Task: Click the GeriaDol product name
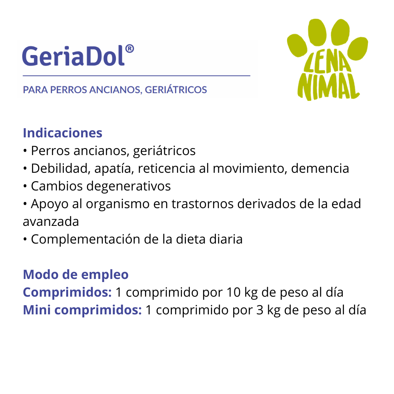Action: point(73,56)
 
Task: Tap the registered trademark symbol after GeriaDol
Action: point(129,49)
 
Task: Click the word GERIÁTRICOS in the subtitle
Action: point(176,90)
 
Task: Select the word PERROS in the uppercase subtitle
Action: point(68,90)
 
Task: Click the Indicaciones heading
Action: point(63,133)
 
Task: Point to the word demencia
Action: point(320,169)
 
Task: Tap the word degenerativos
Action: point(129,187)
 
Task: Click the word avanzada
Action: point(51,222)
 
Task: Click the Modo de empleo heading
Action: point(76,275)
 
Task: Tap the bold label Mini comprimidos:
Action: point(82,310)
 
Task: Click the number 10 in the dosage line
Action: point(234,292)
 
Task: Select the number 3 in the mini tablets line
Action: point(260,311)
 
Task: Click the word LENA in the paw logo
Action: point(327,62)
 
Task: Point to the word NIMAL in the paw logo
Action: point(328,87)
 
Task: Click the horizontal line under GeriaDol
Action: point(137,75)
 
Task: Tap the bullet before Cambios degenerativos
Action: point(25,187)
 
